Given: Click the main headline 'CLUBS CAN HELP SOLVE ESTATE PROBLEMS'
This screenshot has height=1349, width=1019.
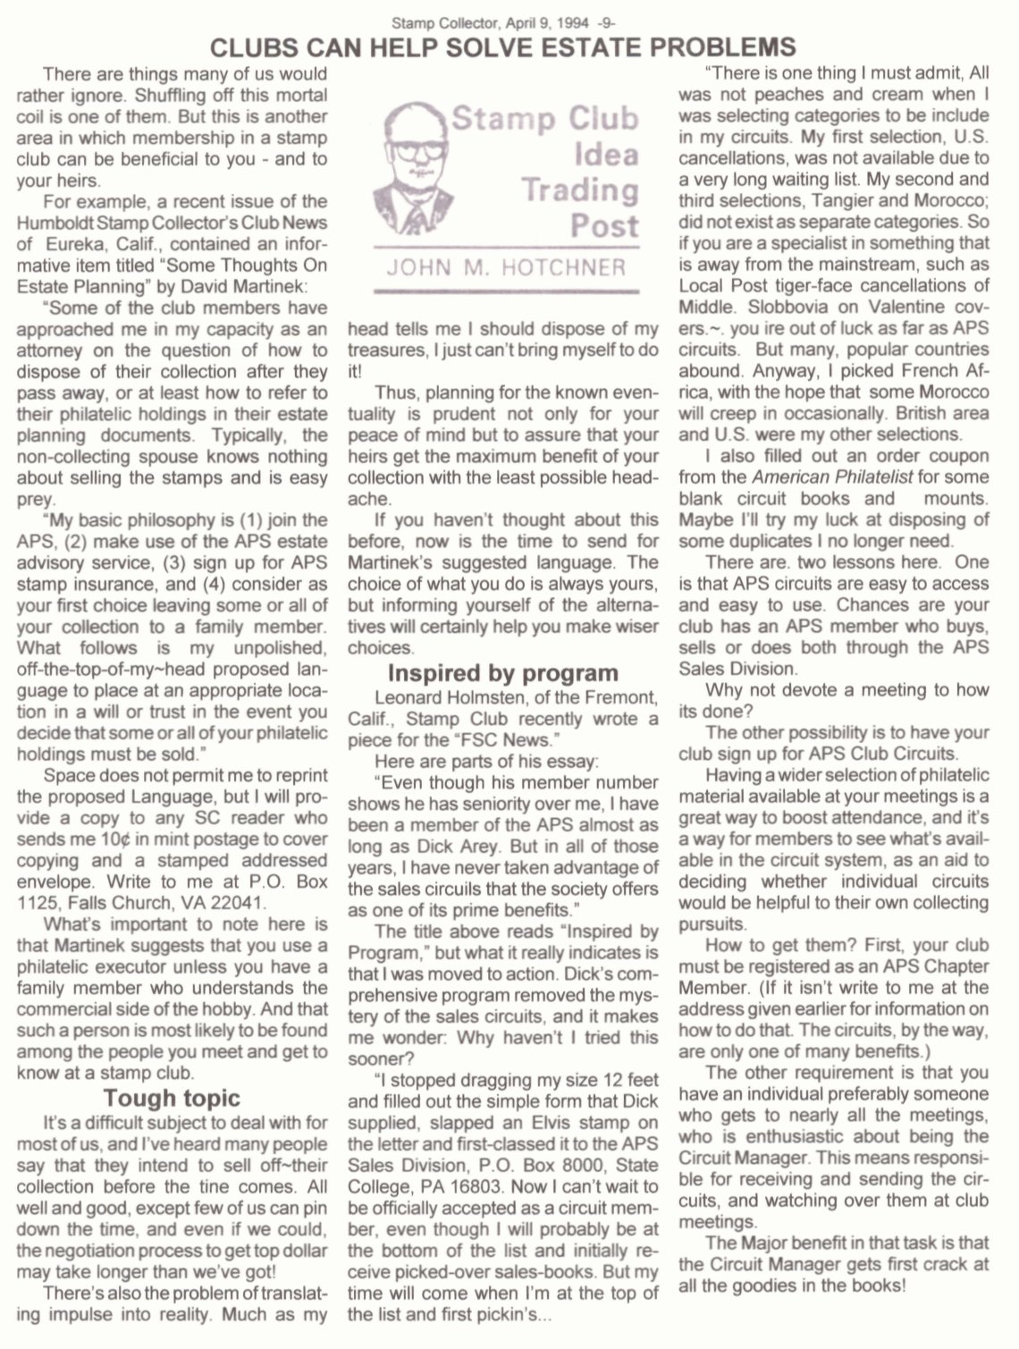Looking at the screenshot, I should click(502, 46).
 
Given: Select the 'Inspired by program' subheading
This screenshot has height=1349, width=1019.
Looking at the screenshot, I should click(502, 672).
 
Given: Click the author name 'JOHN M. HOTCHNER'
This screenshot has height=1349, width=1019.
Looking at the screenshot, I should click(506, 267).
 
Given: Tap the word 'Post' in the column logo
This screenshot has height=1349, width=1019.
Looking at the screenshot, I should click(604, 225).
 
